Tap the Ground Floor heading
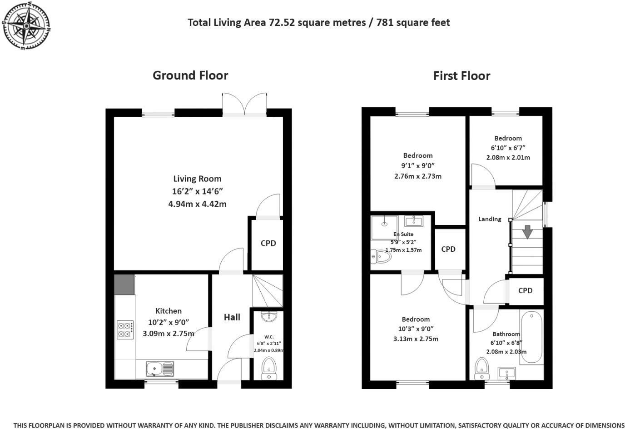190,75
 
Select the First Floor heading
461,76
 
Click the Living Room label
197,179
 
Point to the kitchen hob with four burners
125,330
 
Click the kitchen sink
159,369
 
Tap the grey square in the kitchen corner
124,284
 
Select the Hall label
232,317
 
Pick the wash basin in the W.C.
269,316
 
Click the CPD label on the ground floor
268,243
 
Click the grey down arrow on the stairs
527,232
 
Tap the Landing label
490,219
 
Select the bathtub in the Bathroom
531,337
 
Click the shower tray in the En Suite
384,227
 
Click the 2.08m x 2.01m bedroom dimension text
508,158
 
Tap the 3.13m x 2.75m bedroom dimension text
416,339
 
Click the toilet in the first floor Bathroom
481,369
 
